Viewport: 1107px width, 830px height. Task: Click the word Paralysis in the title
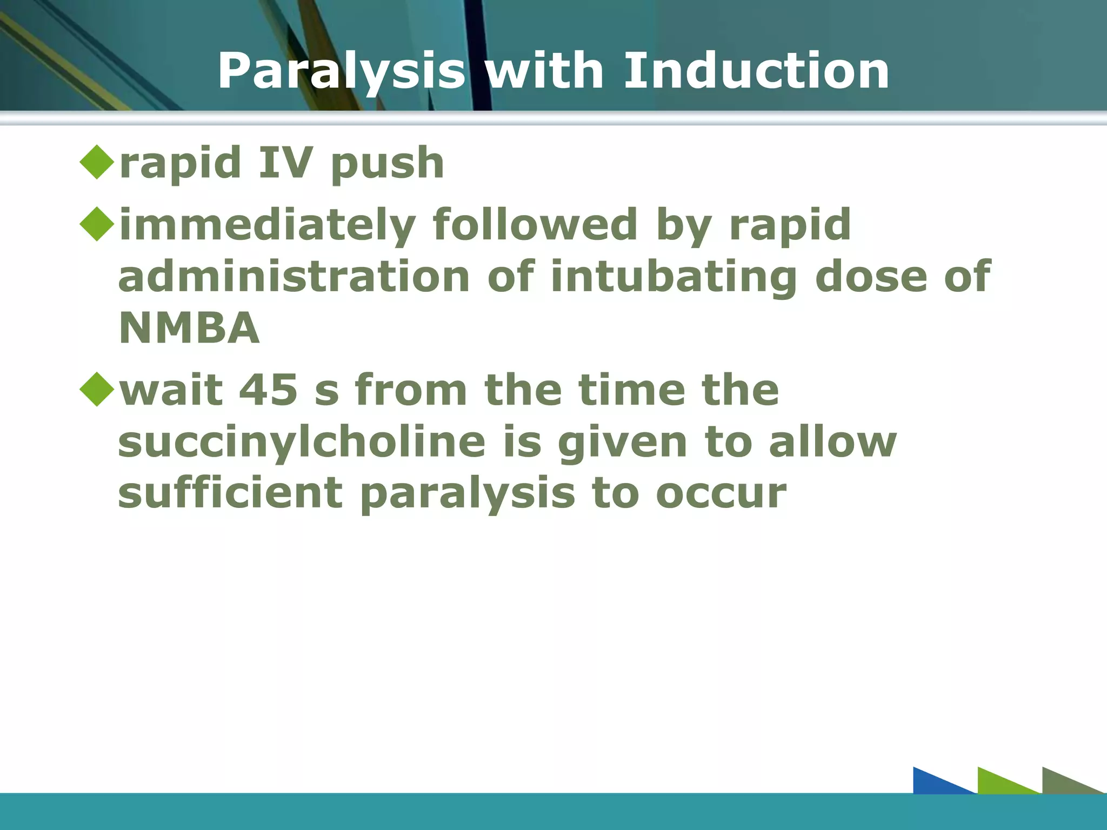(341, 72)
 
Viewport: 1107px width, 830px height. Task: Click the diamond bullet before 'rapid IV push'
(97, 162)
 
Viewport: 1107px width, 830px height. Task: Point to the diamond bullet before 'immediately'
(97, 224)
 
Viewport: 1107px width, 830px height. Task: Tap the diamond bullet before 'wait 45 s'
(97, 389)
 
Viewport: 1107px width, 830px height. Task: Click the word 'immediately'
(267, 226)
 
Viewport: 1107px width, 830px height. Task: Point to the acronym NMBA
(189, 328)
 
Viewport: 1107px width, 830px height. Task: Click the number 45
(268, 390)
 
